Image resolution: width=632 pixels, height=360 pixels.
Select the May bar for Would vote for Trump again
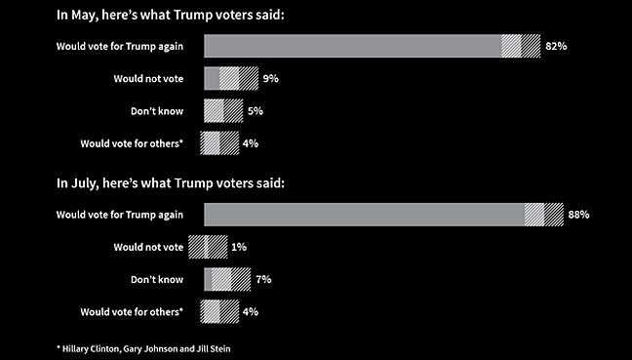(372, 46)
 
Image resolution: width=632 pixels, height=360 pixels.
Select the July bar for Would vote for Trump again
(383, 215)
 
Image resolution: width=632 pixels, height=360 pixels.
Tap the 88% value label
(578, 215)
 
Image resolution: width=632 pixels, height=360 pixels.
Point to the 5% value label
(255, 111)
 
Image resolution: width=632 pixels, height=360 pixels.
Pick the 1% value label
(240, 247)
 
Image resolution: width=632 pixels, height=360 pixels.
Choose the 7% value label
(263, 279)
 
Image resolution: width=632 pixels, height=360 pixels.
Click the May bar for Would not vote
(231, 79)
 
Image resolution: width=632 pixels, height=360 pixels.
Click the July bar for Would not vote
(208, 247)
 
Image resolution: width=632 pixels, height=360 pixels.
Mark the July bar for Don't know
(227, 279)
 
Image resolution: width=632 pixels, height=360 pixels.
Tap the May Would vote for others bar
(219, 143)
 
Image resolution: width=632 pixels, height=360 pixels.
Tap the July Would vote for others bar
(219, 311)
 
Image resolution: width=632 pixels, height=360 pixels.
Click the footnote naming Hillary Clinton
(147, 347)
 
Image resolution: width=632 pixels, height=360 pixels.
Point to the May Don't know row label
(157, 111)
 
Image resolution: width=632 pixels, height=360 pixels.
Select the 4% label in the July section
(251, 311)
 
